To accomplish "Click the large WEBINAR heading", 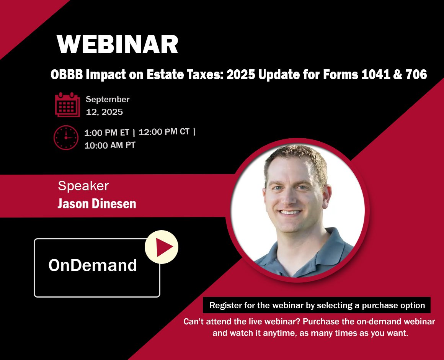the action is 118,44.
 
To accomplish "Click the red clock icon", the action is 66,137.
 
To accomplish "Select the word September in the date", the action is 108,100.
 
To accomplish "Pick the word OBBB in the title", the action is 67,75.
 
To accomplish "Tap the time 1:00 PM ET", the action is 107,132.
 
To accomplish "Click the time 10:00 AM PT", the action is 110,145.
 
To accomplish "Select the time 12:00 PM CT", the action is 164,132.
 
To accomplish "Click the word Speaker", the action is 83,186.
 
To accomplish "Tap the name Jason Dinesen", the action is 97,204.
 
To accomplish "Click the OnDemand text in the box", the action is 93,265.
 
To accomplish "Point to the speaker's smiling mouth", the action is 290,212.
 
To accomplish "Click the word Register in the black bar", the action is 225,305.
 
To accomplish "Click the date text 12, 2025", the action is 104,112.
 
